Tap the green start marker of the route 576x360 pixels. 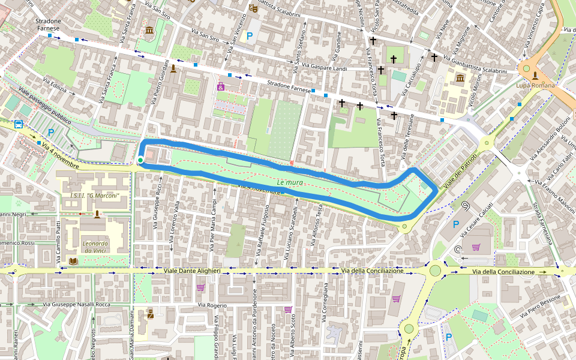140,160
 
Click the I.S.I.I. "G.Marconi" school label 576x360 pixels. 95,196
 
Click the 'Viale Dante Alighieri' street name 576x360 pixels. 192,271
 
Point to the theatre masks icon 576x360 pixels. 254,8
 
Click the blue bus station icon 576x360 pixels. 19,125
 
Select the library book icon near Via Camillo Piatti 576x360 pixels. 73,261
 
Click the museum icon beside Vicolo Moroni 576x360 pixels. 460,79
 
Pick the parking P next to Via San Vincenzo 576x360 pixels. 250,36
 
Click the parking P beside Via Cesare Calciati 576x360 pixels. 455,224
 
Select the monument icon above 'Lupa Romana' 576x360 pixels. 535,74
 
